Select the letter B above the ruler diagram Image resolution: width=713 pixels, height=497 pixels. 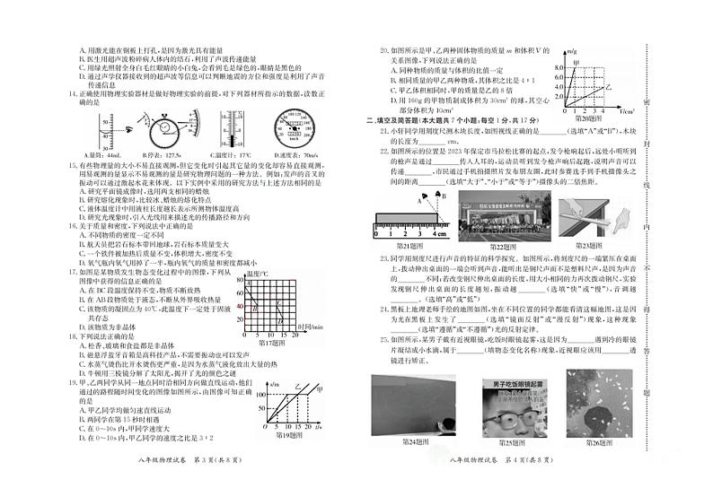(439, 193)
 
